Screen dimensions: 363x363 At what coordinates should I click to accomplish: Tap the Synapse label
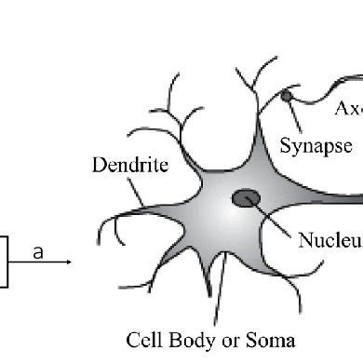316,146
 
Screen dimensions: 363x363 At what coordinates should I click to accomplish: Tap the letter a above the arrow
37,251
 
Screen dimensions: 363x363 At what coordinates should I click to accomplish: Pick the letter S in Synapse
285,145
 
